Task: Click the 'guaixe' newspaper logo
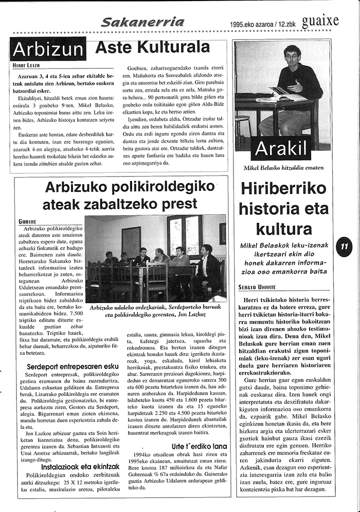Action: [320, 21]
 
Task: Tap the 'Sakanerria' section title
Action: [135, 22]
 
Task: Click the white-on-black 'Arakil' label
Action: [280, 148]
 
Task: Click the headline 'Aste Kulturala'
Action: [152, 48]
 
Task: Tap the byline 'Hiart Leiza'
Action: [26, 65]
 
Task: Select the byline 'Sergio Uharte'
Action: [257, 287]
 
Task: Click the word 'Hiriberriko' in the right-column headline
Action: [283, 189]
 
